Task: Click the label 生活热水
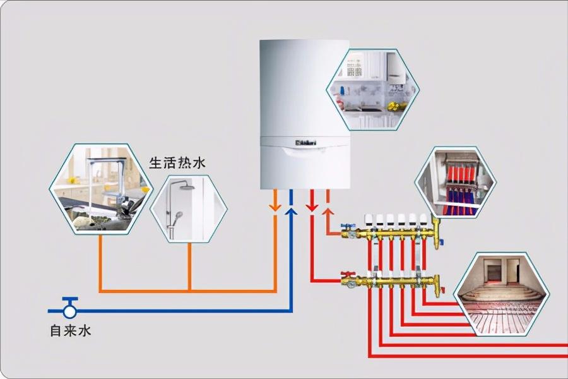click(177, 163)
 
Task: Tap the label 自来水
click(70, 330)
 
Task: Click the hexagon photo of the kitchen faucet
click(101, 189)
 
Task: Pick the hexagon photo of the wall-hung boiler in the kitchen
click(372, 90)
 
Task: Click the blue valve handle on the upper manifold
click(346, 226)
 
